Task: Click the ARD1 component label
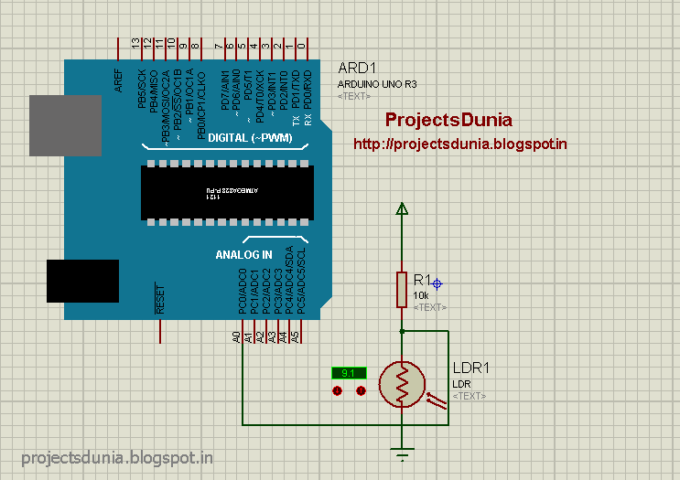(357, 69)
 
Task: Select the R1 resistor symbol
(401, 288)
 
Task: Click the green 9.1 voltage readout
(349, 373)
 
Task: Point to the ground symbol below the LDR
(401, 450)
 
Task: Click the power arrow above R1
(401, 209)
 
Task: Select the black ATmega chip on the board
(227, 192)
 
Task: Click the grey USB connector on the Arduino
(64, 125)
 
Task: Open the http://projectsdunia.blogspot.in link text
(460, 144)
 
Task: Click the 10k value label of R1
(421, 296)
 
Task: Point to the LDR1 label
(471, 368)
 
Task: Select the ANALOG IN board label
(243, 254)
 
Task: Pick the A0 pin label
(236, 337)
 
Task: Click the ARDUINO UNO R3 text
(377, 84)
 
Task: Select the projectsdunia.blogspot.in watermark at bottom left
(117, 457)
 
